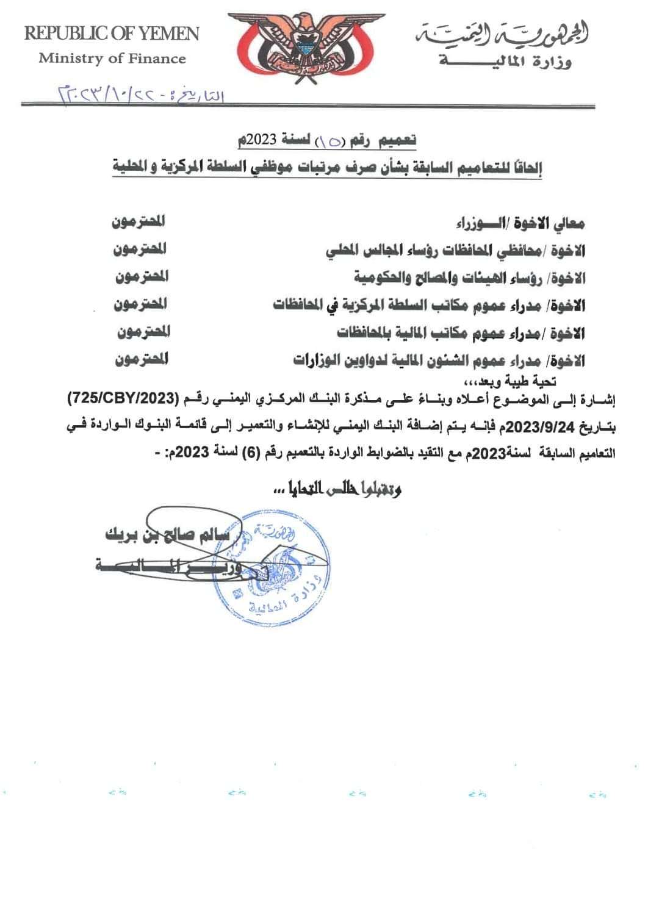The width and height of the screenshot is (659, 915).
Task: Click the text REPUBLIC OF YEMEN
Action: point(112,34)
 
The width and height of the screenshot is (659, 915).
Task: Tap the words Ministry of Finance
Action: point(112,59)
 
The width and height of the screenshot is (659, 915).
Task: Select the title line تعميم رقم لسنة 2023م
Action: point(327,140)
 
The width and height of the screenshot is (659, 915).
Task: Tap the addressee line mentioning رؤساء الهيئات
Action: point(470,278)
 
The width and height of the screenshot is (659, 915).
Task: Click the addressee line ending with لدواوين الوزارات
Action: point(439,360)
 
